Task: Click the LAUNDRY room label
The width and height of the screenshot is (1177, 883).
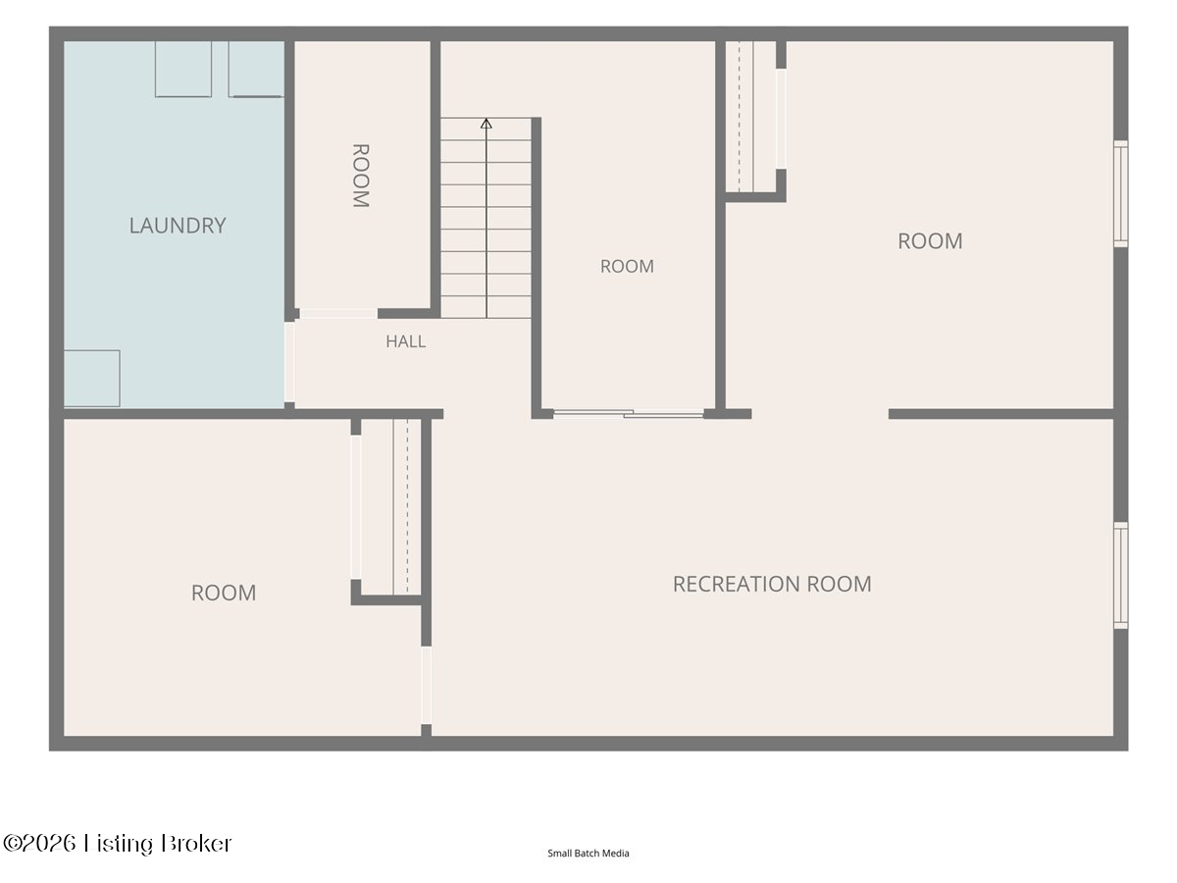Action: [x=178, y=226]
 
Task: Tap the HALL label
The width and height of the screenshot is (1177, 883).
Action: [x=406, y=341]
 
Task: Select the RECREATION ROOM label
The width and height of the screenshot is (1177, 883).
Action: [x=772, y=584]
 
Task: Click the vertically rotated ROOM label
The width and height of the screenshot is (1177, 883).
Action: [x=360, y=176]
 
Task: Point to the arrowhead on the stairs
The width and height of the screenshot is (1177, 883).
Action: [x=486, y=124]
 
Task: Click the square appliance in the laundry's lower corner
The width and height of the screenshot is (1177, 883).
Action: [x=92, y=379]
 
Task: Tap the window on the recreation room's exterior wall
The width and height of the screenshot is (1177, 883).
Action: [x=1121, y=576]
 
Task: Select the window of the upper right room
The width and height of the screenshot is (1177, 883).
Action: [x=1121, y=194]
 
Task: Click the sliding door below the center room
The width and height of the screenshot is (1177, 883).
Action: [x=629, y=413]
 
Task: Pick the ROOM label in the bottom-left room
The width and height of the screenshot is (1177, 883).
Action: [x=224, y=593]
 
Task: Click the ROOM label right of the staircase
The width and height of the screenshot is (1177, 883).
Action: [x=627, y=267]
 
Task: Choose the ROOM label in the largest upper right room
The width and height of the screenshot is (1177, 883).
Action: [x=931, y=241]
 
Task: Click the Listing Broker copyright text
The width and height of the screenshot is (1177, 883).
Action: [x=117, y=844]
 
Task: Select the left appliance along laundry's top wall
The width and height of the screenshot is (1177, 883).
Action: [x=183, y=69]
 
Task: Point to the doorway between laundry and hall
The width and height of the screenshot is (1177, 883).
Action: [x=289, y=362]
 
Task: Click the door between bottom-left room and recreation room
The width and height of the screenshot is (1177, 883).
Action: [x=427, y=685]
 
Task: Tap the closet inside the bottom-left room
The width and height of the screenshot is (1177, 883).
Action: [x=391, y=507]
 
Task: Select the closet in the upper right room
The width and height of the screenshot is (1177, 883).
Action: [x=750, y=117]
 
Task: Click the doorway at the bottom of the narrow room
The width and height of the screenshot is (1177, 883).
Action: [x=339, y=314]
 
